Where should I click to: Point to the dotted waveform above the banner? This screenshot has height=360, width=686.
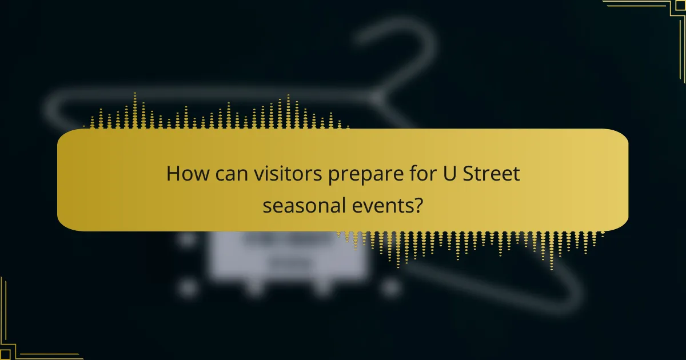pos(217,114)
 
